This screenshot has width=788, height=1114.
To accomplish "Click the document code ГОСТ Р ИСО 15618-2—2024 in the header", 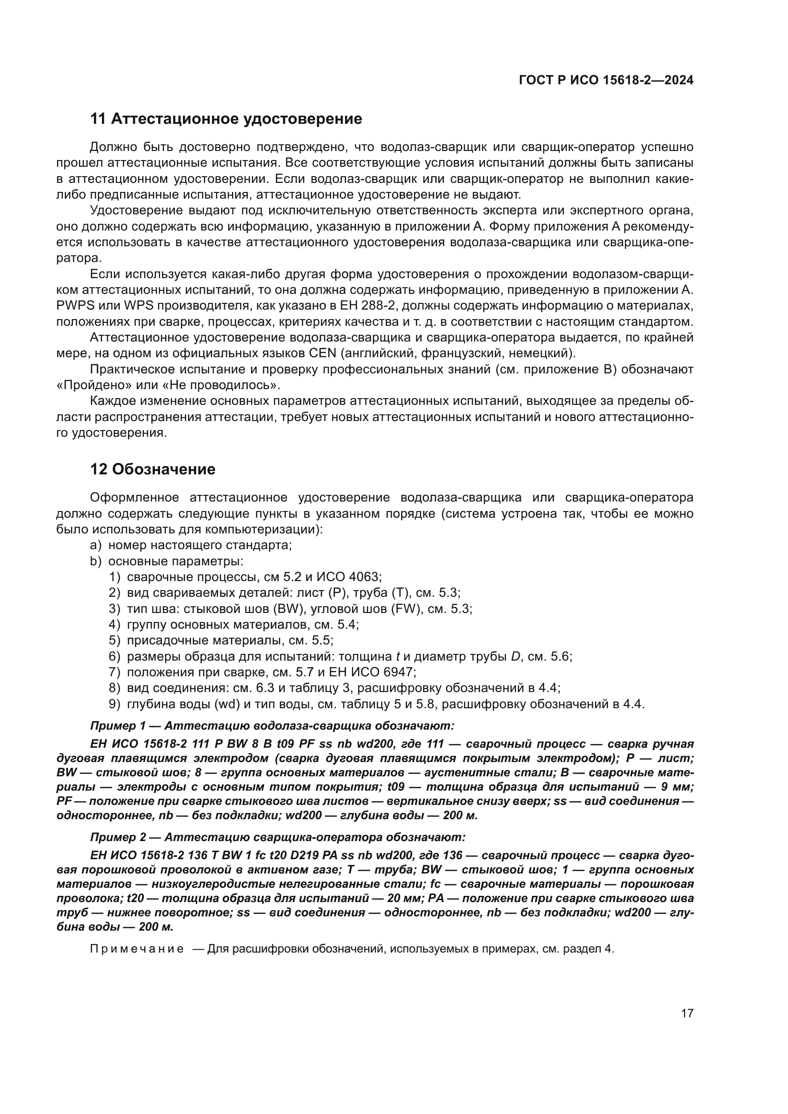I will (x=606, y=80).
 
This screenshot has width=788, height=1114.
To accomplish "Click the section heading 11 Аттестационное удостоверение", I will (x=226, y=119).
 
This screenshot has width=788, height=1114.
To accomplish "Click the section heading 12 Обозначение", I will (x=153, y=469).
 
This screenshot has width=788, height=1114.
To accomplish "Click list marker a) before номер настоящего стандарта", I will (x=96, y=545).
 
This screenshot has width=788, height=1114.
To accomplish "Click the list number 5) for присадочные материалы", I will (x=114, y=641).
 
